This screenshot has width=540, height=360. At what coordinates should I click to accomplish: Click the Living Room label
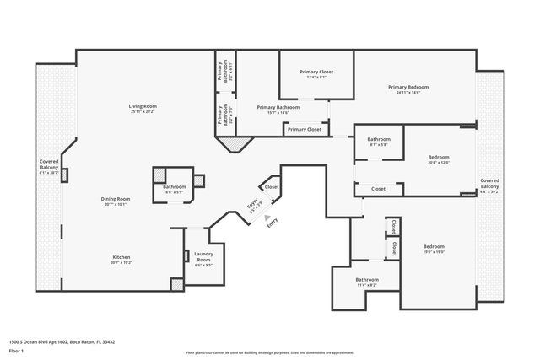click(x=143, y=108)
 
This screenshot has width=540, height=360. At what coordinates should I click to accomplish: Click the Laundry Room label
click(x=203, y=257)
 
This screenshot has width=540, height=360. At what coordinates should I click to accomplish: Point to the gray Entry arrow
click(x=268, y=218)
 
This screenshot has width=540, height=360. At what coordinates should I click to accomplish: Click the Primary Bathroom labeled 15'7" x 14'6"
click(x=278, y=110)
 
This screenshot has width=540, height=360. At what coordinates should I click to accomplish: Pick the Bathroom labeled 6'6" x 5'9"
click(x=175, y=188)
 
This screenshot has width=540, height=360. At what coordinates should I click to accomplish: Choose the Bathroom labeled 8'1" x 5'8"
click(x=379, y=142)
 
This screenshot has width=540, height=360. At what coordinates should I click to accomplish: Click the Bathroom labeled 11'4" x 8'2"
click(x=367, y=282)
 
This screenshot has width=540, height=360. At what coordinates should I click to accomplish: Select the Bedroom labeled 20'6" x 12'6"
click(x=439, y=159)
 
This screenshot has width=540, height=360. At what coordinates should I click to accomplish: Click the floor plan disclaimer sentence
click(x=270, y=352)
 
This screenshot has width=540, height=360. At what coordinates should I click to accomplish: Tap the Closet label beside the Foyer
click(x=272, y=187)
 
